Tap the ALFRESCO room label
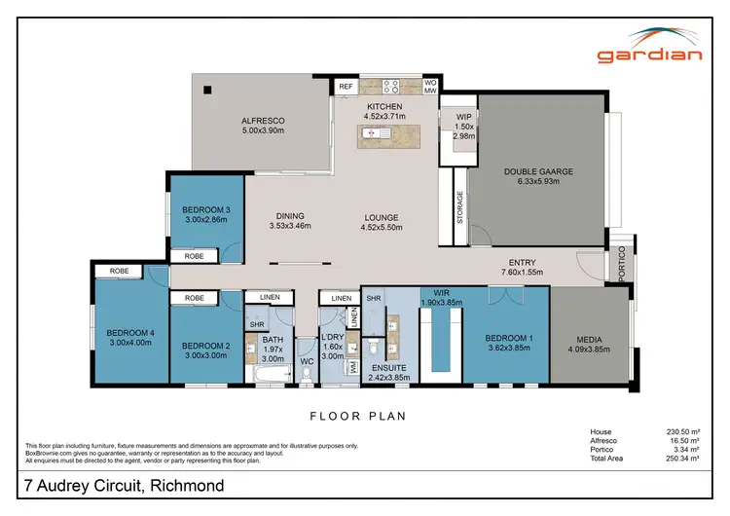point(262,122)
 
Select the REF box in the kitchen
point(346,87)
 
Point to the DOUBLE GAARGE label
point(538,171)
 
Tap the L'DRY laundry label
point(333,337)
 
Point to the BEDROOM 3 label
point(206,209)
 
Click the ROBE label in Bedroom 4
point(120,272)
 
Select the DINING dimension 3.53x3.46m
point(290,226)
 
